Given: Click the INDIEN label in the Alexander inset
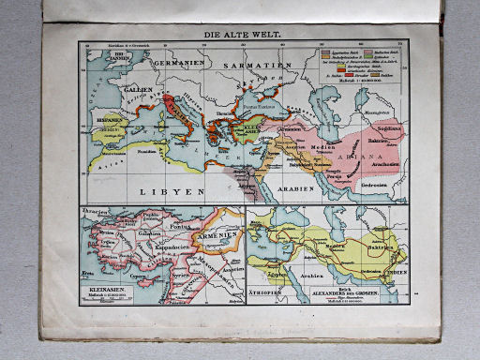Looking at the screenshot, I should (x=397, y=275).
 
